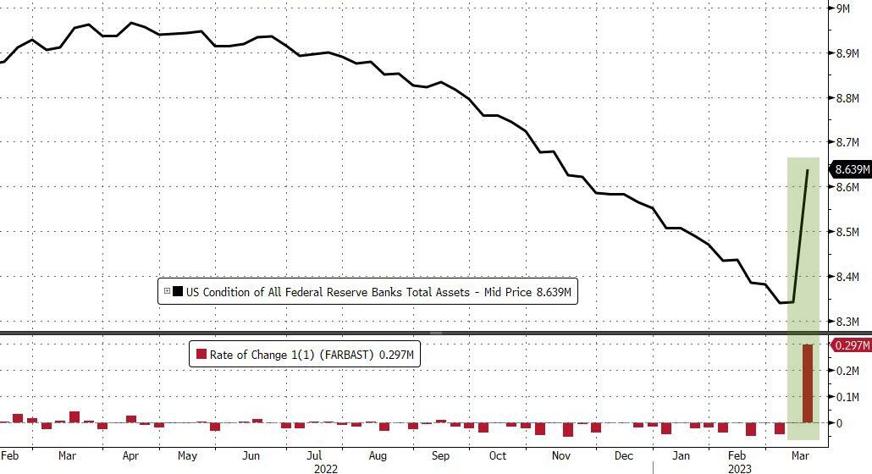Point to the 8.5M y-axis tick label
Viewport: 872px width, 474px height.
[848, 232]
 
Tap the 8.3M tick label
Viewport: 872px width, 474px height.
[848, 322]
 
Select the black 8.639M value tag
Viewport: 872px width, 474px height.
[852, 169]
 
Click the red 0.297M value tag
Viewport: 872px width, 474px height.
[853, 344]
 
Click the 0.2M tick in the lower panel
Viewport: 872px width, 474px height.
[848, 370]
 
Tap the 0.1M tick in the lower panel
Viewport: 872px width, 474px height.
[848, 396]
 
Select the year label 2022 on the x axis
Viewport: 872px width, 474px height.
[326, 467]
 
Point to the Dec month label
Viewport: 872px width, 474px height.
[623, 455]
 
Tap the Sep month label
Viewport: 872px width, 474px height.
[440, 455]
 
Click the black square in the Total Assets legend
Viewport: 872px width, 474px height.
[177, 292]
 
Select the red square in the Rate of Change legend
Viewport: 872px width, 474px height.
[201, 355]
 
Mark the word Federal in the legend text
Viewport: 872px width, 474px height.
[310, 292]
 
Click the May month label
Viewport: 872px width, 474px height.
[188, 455]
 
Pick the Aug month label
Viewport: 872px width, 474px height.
[378, 455]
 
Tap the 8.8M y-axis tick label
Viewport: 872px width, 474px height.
[848, 98]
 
